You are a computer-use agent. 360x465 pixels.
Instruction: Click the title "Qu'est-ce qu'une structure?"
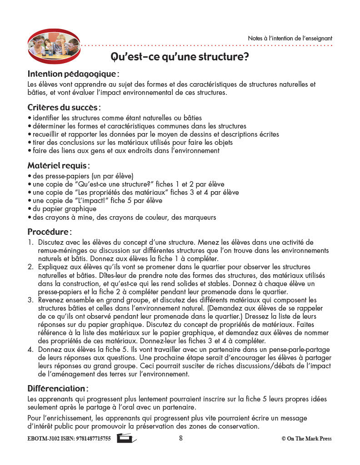pyautogui.click(x=186, y=57)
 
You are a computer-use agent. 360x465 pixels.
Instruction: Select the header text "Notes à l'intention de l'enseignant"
pyautogui.click(x=290, y=39)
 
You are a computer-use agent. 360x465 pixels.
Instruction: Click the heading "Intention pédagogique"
pyautogui.click(x=73, y=74)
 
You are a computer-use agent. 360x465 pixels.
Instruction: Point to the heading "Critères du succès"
pyautogui.click(x=63, y=108)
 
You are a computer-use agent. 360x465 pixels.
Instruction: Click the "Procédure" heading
pyautogui.click(x=49, y=232)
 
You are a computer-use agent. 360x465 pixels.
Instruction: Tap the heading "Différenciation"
pyautogui.click(x=57, y=389)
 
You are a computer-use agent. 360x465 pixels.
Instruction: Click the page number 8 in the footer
pyautogui.click(x=180, y=438)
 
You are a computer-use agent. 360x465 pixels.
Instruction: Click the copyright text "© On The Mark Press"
pyautogui.click(x=306, y=439)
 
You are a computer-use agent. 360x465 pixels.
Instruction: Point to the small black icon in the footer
pyautogui.click(x=126, y=438)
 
